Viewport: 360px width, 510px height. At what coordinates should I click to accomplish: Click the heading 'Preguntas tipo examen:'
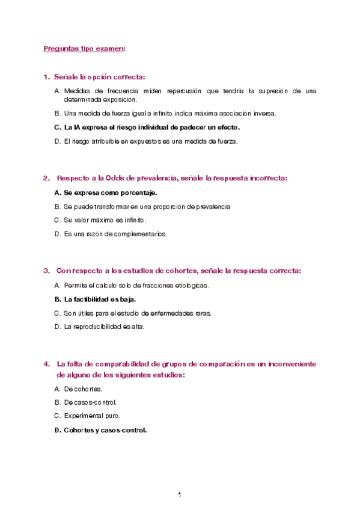84,49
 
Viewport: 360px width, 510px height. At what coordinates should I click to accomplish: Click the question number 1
46,77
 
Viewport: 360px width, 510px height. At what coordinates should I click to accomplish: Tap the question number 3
46,271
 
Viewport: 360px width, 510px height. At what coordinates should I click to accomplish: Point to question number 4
46,364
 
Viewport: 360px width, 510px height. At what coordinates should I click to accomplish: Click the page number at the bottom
179,495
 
